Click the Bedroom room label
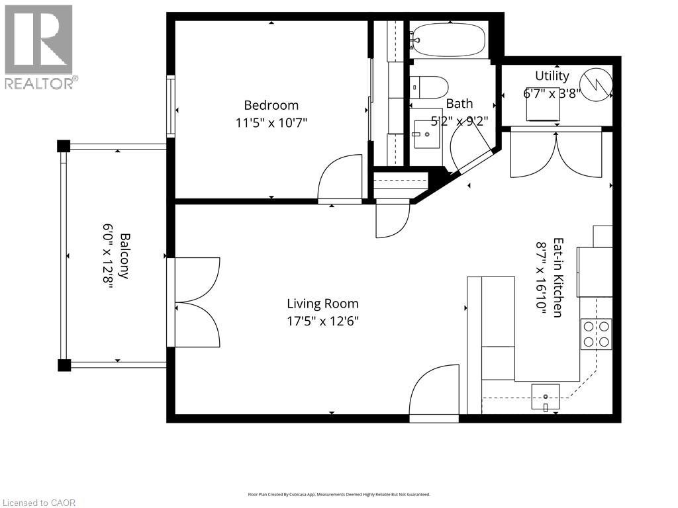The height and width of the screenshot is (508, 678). pyautogui.click(x=271, y=105)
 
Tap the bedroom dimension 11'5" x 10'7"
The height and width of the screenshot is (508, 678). pyautogui.click(x=271, y=122)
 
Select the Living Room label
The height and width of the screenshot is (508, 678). pyautogui.click(x=322, y=304)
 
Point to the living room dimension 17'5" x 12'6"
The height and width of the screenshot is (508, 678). pyautogui.click(x=322, y=321)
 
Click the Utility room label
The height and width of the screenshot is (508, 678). pyautogui.click(x=552, y=75)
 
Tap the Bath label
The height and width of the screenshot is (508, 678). pyautogui.click(x=459, y=103)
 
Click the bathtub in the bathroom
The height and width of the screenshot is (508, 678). pyautogui.click(x=449, y=39)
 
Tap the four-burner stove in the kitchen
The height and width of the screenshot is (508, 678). pyautogui.click(x=596, y=334)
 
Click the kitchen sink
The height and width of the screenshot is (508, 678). pyautogui.click(x=545, y=396)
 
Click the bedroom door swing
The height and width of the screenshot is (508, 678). pyautogui.click(x=339, y=179)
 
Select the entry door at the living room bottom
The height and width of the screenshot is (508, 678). pyautogui.click(x=434, y=394)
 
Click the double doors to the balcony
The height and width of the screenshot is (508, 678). pyautogui.click(x=197, y=302)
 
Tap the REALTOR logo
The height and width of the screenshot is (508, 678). pyautogui.click(x=39, y=46)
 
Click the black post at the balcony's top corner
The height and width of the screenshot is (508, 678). pyautogui.click(x=63, y=146)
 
